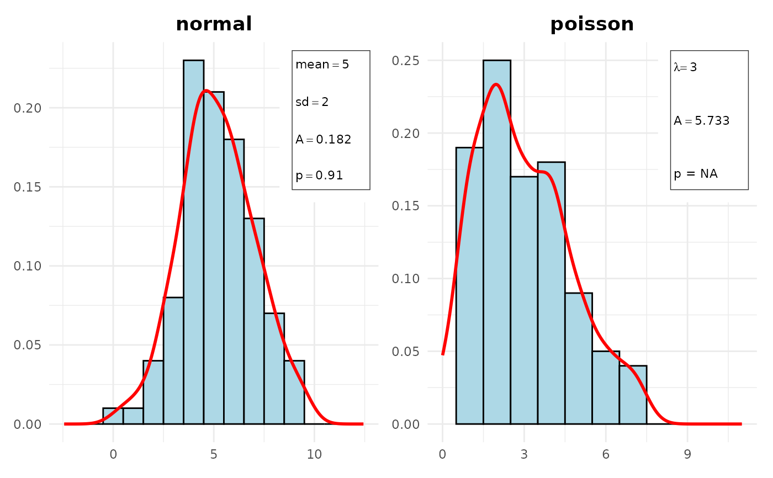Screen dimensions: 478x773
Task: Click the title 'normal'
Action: (x=214, y=24)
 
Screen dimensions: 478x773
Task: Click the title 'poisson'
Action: (x=592, y=24)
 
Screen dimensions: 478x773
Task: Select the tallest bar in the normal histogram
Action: (x=193, y=243)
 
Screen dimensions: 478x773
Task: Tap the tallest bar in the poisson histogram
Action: (x=496, y=243)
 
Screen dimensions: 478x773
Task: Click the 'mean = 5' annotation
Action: (x=322, y=65)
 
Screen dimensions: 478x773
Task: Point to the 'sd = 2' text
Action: (x=312, y=102)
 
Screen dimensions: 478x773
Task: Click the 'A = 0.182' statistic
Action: (x=323, y=140)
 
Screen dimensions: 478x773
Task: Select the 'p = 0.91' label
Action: (x=319, y=176)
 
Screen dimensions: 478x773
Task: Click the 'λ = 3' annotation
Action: (x=686, y=68)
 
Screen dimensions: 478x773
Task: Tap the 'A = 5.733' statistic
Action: (x=702, y=121)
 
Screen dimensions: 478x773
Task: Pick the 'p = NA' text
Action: (x=696, y=174)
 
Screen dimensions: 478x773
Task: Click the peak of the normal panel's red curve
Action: (x=206, y=90)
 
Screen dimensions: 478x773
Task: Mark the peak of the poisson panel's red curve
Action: (x=496, y=84)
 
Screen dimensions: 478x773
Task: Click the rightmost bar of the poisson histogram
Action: (x=633, y=395)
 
